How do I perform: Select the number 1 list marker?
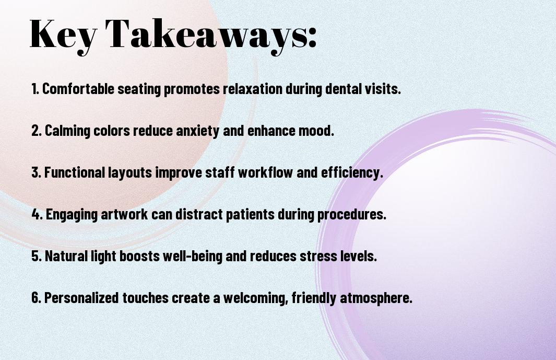point(35,89)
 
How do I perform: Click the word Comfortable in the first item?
point(78,89)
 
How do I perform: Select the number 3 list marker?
point(36,172)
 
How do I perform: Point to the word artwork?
point(124,214)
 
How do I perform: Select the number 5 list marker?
point(37,256)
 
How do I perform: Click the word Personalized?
point(81,297)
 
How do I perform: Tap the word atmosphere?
point(376,298)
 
